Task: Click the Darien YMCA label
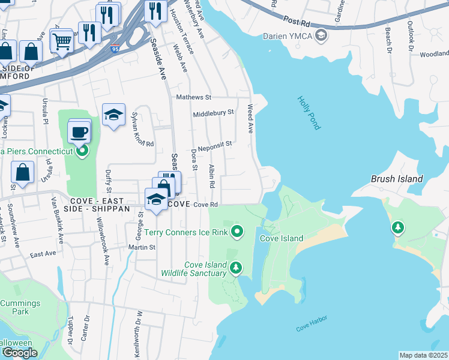[288, 36]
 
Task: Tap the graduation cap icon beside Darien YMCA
[322, 35]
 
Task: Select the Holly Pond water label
[309, 113]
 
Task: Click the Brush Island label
[397, 179]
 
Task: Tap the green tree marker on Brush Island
[397, 228]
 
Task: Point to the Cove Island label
[281, 238]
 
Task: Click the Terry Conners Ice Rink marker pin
[238, 230]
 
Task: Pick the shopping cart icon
[61, 41]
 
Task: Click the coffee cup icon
[79, 131]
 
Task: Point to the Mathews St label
[194, 97]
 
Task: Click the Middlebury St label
[213, 113]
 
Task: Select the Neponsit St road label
[215, 145]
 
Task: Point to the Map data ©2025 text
[423, 355]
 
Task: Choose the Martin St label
[142, 247]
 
